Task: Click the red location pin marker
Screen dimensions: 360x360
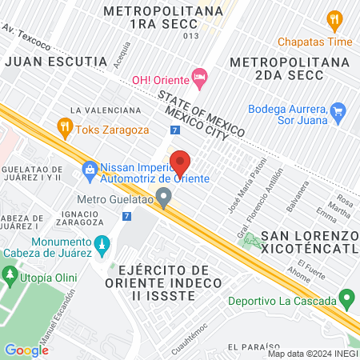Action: tap(180, 162)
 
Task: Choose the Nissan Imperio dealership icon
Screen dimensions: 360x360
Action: tap(89, 168)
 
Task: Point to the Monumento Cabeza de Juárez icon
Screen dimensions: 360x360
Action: tap(101, 243)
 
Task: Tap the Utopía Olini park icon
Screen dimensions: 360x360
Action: tap(10, 276)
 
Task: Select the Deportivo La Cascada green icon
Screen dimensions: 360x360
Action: tap(346, 301)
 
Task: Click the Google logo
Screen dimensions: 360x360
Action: tap(26, 350)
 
